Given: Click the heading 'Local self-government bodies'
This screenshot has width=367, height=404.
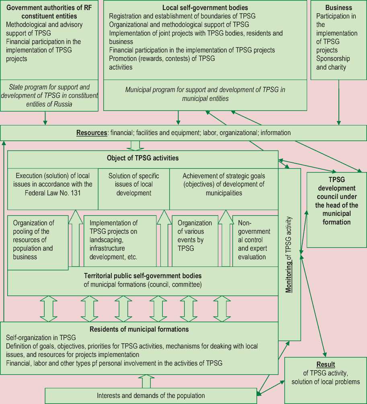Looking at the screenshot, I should click(x=205, y=8).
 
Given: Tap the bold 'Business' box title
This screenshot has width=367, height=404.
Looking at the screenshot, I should click(x=338, y=8).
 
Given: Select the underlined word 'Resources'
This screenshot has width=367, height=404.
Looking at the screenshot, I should click(x=91, y=133).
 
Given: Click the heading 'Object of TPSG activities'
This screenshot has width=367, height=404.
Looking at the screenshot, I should click(x=143, y=158).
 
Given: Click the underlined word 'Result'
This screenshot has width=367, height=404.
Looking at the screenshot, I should click(x=326, y=365).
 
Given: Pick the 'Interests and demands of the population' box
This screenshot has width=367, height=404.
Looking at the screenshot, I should click(x=151, y=396).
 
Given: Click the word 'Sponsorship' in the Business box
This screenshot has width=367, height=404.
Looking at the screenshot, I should click(x=333, y=59).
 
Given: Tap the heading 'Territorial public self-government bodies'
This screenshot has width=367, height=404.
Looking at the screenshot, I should click(x=143, y=276).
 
